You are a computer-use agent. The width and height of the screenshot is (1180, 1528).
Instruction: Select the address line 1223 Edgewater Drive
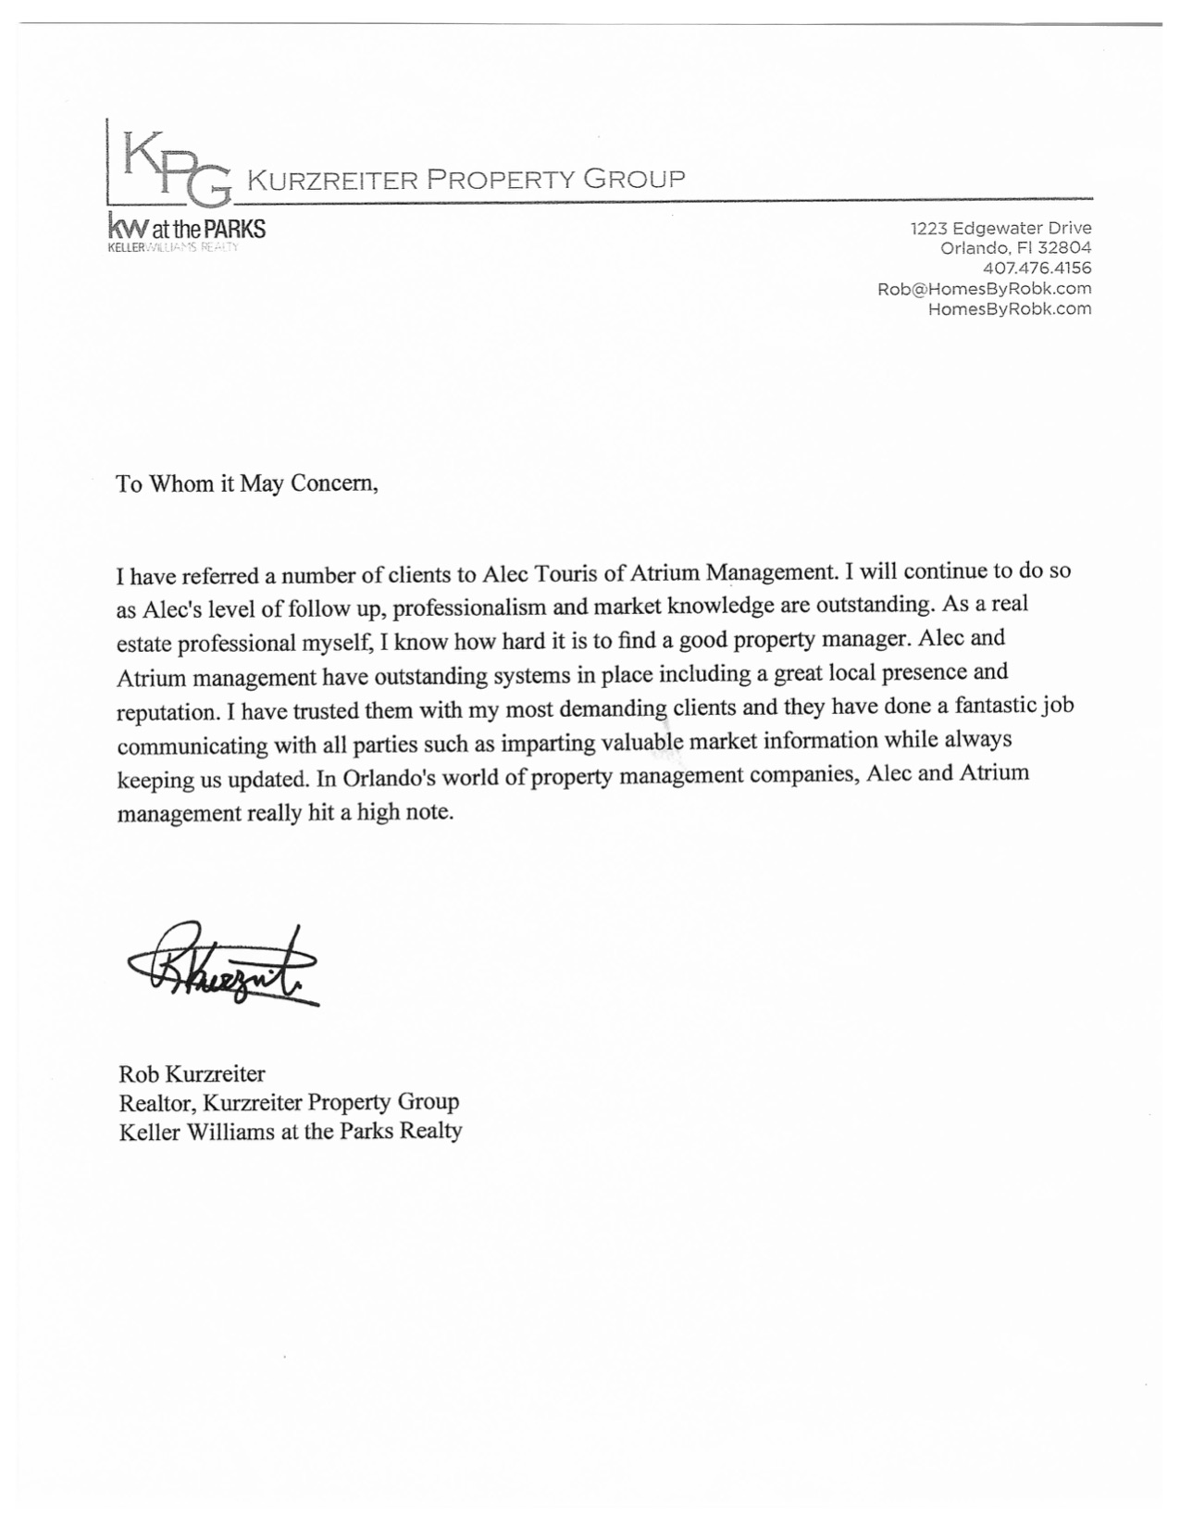coord(1000,228)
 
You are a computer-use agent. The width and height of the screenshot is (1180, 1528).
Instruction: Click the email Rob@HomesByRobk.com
coord(984,288)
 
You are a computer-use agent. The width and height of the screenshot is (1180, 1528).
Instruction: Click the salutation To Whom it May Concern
coord(247,483)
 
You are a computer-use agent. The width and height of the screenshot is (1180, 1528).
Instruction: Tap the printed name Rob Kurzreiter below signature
coord(192,1074)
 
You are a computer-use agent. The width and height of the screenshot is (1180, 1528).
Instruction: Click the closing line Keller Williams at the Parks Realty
coord(290,1131)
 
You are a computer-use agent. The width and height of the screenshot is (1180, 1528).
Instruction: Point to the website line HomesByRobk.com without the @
coord(1009,308)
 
